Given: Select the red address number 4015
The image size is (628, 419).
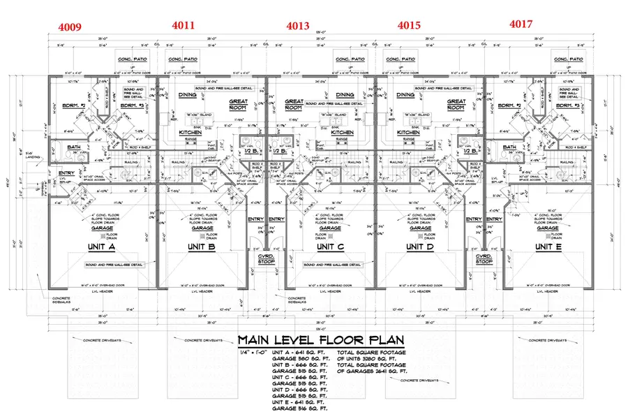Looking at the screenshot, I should (x=410, y=26).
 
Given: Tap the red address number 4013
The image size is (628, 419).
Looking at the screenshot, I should (x=298, y=27).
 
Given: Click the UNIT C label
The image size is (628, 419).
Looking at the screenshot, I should (x=330, y=247).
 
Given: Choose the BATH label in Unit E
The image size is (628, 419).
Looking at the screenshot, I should (x=511, y=147).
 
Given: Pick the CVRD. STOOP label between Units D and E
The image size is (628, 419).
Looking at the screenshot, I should (x=485, y=260).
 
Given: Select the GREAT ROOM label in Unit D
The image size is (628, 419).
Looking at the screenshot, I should (x=456, y=104).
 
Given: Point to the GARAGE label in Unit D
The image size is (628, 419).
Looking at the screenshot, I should (x=420, y=228).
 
